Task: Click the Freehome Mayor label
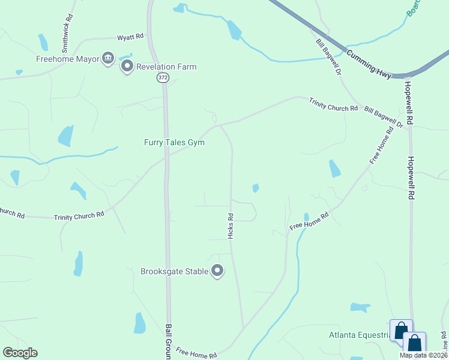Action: pyautogui.click(x=66, y=59)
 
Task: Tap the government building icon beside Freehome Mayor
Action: pyautogui.click(x=108, y=58)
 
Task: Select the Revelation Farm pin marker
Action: pyautogui.click(x=127, y=66)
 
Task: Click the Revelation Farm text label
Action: pyautogui.click(x=166, y=67)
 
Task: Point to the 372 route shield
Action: pyautogui.click(x=163, y=78)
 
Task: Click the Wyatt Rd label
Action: pyautogui.click(x=131, y=37)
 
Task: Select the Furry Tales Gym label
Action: pyautogui.click(x=174, y=142)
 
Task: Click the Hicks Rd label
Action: pyautogui.click(x=231, y=226)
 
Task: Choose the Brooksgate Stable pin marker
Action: pyautogui.click(x=217, y=271)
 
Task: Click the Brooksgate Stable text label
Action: pyautogui.click(x=174, y=271)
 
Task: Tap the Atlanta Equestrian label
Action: pyautogui.click(x=359, y=334)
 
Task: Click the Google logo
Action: pyautogui.click(x=20, y=353)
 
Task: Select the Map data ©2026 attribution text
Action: pyautogui.click(x=424, y=355)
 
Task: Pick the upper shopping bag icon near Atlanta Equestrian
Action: pyautogui.click(x=401, y=330)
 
